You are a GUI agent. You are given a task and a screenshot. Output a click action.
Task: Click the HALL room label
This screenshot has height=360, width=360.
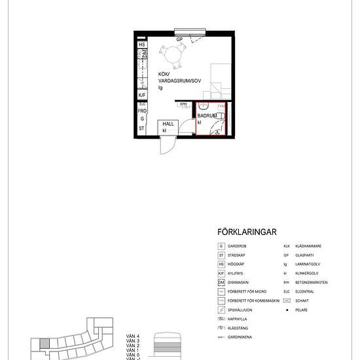tap(168, 124)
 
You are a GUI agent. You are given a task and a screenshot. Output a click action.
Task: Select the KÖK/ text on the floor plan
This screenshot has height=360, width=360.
tap(163, 75)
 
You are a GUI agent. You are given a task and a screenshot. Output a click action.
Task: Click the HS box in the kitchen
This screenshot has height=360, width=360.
tap(141, 45)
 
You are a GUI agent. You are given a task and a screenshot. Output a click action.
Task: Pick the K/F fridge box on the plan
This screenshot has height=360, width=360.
tap(141, 95)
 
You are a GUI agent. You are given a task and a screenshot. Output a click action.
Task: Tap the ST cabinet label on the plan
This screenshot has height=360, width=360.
tap(141, 129)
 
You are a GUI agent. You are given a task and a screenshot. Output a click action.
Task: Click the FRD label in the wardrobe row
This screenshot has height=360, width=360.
tap(141, 111)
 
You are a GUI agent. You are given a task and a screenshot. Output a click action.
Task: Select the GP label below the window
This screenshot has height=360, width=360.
tap(178, 39)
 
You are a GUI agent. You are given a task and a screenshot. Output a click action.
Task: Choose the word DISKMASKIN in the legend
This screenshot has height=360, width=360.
tap(242, 282)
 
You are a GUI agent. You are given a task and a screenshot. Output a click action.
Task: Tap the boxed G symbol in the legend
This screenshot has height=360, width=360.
tap(221, 246)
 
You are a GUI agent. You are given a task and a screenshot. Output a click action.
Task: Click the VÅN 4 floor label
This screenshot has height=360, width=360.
tap(132, 335)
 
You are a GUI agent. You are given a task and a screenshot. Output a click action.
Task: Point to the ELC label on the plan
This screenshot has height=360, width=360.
tap(141, 104)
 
